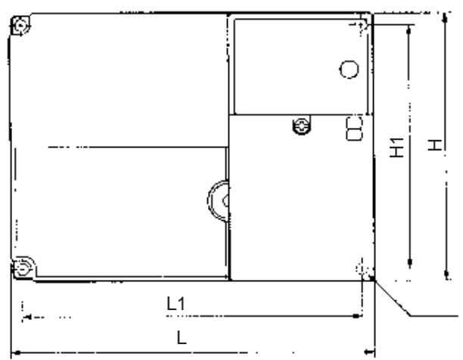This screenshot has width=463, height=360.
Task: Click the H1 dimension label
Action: point(396,147)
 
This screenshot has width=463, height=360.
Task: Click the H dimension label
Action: point(435,145)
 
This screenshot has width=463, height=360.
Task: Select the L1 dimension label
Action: point(176,303)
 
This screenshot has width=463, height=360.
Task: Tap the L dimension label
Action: point(182,337)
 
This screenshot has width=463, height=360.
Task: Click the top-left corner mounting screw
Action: point(20,26)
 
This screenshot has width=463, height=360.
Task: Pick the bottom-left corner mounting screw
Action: point(23,268)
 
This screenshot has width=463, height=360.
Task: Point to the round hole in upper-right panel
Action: point(349,70)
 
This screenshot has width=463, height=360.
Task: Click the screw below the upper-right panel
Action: point(301,126)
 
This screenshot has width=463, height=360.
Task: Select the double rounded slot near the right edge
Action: point(354,129)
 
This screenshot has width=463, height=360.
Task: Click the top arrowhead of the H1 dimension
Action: point(409,29)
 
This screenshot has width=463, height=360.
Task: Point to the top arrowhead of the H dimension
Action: point(446,17)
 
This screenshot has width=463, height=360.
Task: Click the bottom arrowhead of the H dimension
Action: point(446,275)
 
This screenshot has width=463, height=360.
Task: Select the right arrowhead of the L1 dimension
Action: point(357,316)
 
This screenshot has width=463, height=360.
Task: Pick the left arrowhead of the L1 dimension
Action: point(27,318)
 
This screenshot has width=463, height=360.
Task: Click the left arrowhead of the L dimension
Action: point(16,352)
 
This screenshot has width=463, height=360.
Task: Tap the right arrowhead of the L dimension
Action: point(369,352)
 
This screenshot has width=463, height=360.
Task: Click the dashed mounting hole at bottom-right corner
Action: point(361,268)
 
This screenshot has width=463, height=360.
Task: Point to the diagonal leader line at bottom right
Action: point(393,298)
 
